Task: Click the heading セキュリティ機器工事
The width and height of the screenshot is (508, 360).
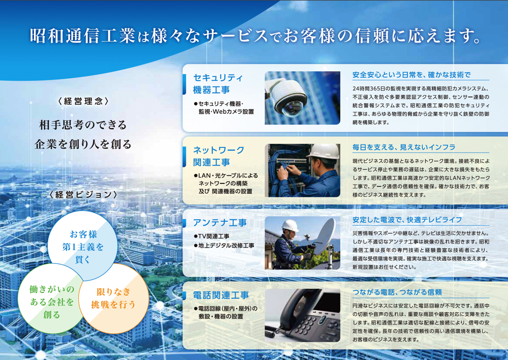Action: click(x=218, y=84)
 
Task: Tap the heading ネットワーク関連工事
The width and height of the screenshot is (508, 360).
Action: click(x=218, y=156)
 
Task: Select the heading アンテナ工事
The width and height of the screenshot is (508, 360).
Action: click(x=220, y=223)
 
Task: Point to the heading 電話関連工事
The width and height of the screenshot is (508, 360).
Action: click(x=221, y=295)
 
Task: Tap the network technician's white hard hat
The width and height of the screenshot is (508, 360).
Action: click(x=324, y=151)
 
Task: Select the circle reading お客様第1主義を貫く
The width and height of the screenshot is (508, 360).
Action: click(x=83, y=246)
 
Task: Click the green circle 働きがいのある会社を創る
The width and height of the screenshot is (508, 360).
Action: click(x=52, y=302)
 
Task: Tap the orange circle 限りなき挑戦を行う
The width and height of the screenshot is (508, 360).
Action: click(x=113, y=298)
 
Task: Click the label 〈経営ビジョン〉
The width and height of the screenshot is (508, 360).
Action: click(x=83, y=195)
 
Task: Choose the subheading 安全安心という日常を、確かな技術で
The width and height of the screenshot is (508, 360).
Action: click(x=411, y=75)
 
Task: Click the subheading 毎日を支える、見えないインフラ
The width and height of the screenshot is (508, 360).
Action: click(x=404, y=147)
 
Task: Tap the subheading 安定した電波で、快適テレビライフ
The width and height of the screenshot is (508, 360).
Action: click(x=407, y=220)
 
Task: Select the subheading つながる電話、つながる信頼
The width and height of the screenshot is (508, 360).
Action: click(x=397, y=292)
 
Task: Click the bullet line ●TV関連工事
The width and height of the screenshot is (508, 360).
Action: click(x=211, y=236)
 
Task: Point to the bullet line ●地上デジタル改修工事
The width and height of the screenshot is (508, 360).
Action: click(x=224, y=246)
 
